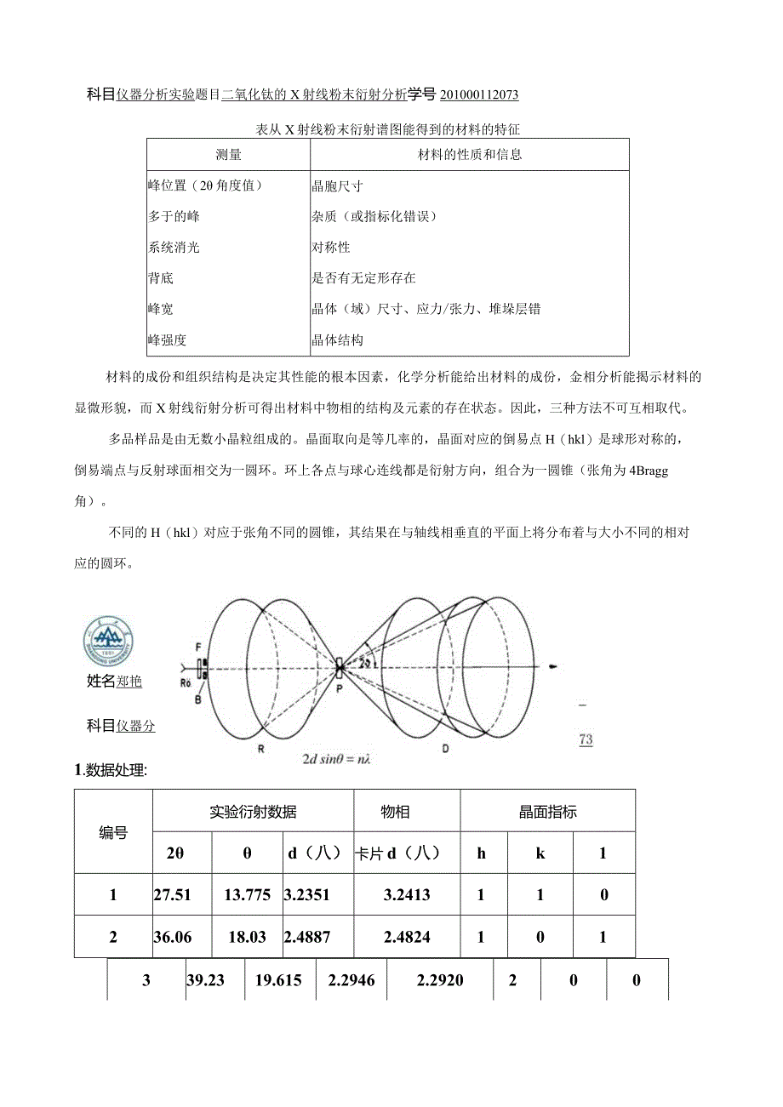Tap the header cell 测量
point(228,155)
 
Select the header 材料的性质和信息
point(470,155)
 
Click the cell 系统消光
point(174,248)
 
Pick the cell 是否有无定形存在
point(364,278)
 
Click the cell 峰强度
point(168,340)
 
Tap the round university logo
point(108,642)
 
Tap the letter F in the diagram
point(197,648)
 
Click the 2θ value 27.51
point(173,895)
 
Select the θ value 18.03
point(247,938)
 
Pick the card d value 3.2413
point(407,895)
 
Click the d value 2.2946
point(351,980)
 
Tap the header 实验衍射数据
point(253,812)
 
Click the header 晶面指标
point(547,812)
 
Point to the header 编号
point(113,833)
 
